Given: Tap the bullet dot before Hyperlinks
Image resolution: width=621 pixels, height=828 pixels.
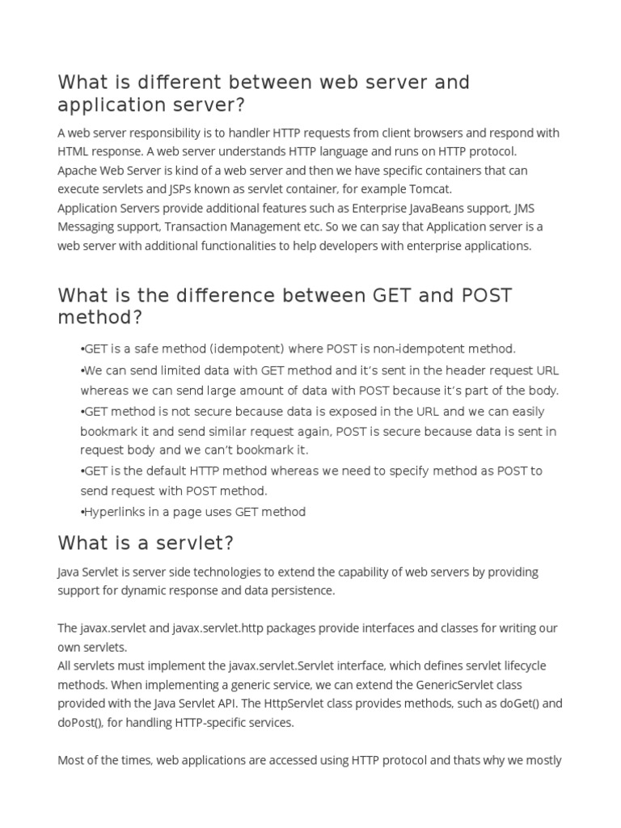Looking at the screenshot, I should click(x=82, y=511).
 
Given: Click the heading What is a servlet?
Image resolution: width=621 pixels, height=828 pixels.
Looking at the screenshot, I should click(x=146, y=542).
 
